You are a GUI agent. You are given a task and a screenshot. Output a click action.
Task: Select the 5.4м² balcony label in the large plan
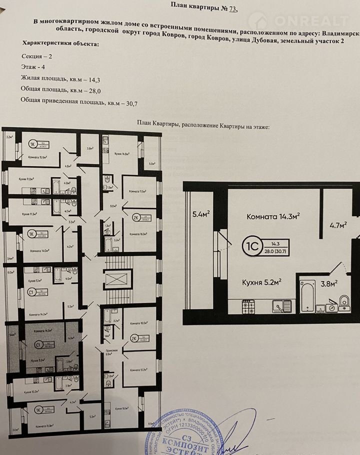click(200, 215)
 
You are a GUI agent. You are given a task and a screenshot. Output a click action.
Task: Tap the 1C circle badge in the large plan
click(250, 245)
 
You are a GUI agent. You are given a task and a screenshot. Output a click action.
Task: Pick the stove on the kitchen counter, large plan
click(248, 306)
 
